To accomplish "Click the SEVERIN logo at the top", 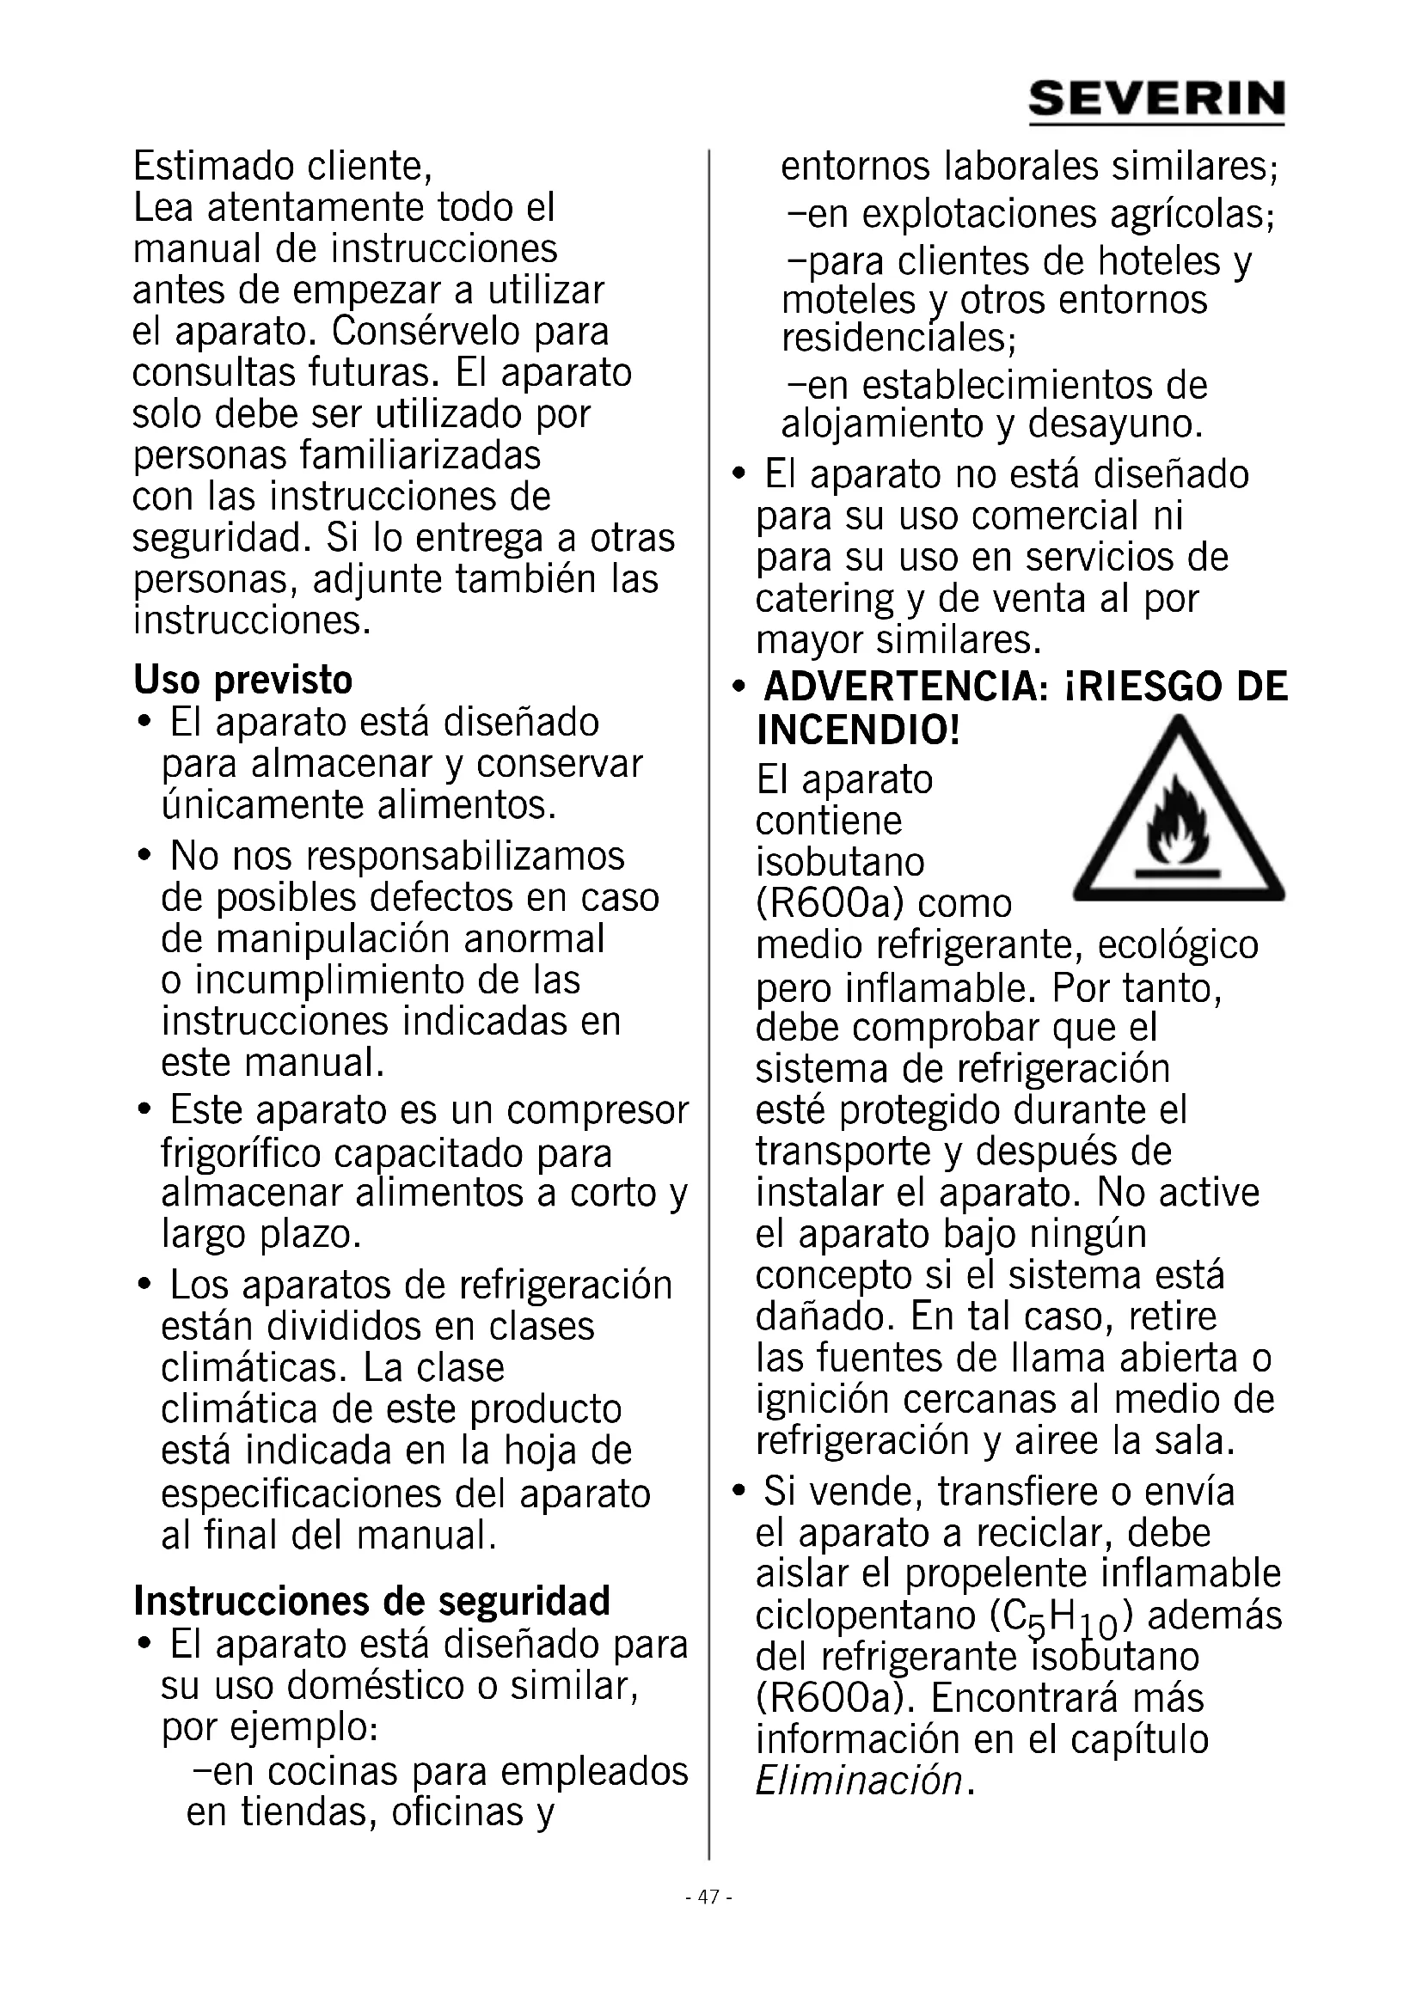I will point(1155,101).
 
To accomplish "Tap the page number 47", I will point(708,1898).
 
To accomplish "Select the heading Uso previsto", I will point(242,681).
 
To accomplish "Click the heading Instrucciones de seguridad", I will point(371,1601).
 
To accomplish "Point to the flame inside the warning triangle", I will point(1178,822).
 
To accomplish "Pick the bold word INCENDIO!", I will point(858,730).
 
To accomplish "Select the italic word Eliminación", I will point(858,1781).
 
